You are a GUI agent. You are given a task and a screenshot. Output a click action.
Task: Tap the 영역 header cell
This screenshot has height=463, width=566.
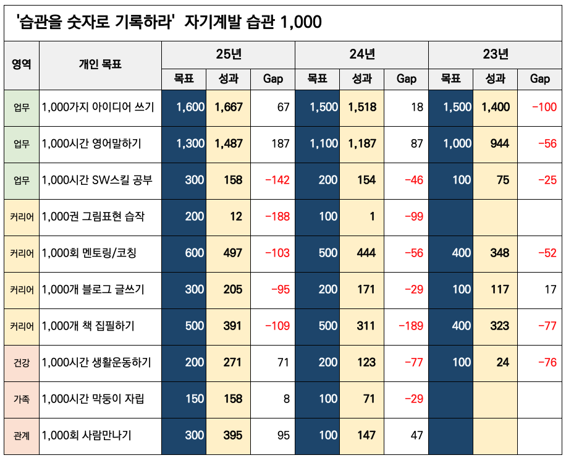point(22,64)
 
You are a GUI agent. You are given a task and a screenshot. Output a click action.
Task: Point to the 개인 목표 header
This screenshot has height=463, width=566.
point(100,64)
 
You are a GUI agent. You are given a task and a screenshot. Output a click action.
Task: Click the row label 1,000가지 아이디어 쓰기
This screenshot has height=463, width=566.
point(98,107)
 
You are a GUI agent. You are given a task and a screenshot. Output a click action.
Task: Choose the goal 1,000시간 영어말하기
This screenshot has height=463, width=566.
point(91,143)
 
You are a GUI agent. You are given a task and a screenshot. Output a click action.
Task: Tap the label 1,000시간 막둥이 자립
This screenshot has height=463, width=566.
point(93,399)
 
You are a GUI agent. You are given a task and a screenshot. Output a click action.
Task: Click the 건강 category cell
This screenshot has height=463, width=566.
point(22,362)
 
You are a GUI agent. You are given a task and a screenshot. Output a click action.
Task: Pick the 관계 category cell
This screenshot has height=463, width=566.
point(22,435)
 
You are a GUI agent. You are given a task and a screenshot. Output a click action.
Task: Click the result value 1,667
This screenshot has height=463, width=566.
point(229,107)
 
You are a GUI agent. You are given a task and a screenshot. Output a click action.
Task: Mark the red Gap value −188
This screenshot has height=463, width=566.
point(277,216)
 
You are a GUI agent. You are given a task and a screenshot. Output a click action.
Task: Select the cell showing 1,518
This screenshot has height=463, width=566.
point(361,107)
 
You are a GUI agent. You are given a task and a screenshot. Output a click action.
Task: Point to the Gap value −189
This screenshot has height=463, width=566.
point(411,326)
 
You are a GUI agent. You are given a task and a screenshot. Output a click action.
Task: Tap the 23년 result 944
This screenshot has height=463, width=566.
point(495,143)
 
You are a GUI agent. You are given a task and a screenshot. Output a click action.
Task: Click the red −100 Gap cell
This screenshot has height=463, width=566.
point(544,107)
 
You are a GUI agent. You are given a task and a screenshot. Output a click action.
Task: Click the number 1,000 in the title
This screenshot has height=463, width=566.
point(300,22)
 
